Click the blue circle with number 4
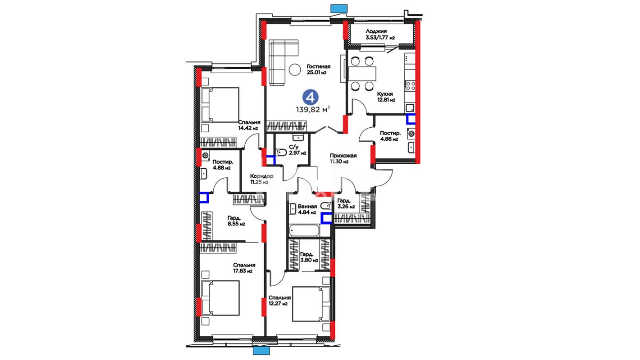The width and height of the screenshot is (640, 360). (310, 97)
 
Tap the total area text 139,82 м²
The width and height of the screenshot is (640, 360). (313, 109)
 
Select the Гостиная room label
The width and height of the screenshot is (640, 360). (318, 69)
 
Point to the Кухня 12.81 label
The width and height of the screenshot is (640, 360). (386, 97)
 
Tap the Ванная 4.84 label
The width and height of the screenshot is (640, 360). (307, 209)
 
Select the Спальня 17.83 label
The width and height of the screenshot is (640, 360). (244, 268)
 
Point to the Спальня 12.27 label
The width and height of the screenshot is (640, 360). (279, 300)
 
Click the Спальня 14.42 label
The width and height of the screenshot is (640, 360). (249, 125)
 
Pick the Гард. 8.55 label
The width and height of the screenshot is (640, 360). (236, 221)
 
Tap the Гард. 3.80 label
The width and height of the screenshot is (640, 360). (309, 257)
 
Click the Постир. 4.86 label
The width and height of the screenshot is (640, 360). (390, 136)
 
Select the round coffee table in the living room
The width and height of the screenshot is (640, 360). (295, 70)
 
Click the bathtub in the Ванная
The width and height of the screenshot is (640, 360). (304, 230)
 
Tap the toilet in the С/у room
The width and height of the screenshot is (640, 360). (281, 152)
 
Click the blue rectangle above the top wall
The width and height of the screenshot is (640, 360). (339, 8)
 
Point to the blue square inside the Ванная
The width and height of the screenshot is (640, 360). (326, 218)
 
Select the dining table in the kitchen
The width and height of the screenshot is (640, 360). (362, 74)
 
